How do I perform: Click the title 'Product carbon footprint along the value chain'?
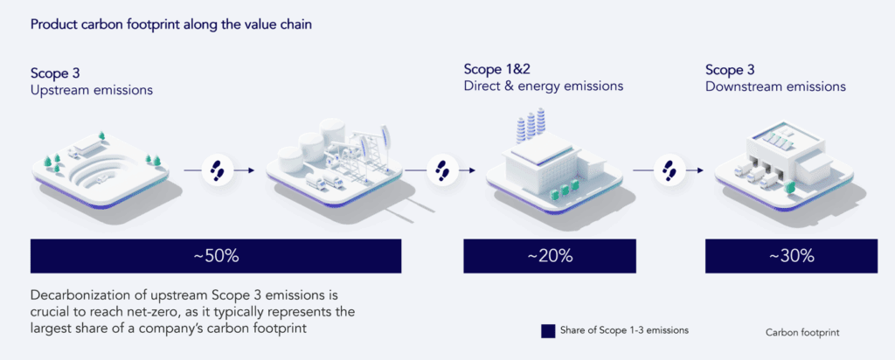(x=170, y=25)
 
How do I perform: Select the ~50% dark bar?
(x=216, y=256)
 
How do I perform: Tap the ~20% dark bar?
(x=550, y=256)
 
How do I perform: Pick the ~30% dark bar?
(x=790, y=256)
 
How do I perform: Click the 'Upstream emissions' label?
(x=92, y=90)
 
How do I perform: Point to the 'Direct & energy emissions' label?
(x=544, y=87)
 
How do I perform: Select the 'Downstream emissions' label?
(x=776, y=87)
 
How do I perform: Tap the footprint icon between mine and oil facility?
(x=217, y=170)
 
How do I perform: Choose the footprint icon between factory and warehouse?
(x=669, y=170)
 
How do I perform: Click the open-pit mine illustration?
(x=101, y=168)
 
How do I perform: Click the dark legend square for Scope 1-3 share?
(x=548, y=331)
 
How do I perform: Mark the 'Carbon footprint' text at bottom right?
(x=802, y=333)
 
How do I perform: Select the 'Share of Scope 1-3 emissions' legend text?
(x=624, y=330)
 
